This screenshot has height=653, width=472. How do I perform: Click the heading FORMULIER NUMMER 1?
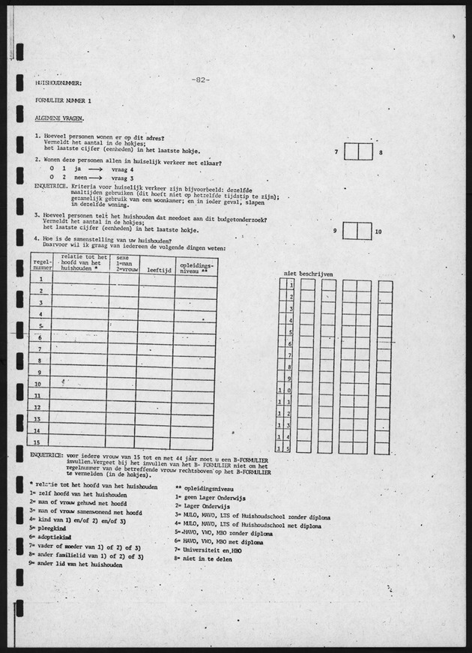[x=63, y=100]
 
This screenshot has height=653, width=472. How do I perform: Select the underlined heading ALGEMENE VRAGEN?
[x=59, y=118]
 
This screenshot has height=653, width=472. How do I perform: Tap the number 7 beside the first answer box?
[x=336, y=152]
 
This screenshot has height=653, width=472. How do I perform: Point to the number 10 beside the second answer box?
[x=378, y=232]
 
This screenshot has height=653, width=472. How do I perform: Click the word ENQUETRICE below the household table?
[x=46, y=454]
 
